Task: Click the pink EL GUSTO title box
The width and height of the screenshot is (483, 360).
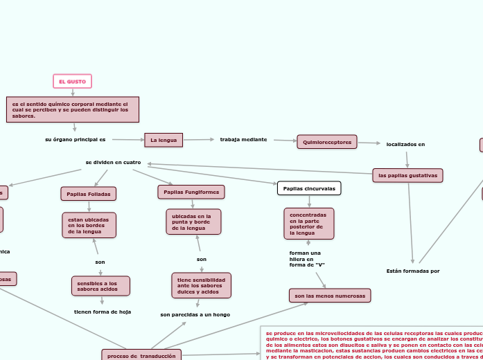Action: click(72, 82)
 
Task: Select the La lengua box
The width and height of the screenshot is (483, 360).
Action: click(164, 140)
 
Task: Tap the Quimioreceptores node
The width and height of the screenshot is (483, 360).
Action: click(327, 142)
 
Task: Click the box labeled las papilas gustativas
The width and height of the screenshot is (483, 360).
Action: click(407, 176)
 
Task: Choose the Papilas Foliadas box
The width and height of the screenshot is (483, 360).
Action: click(89, 194)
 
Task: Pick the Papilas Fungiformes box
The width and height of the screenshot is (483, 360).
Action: click(191, 192)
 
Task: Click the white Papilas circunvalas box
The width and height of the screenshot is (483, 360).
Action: click(309, 188)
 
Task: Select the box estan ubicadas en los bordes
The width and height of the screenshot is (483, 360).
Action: click(89, 225)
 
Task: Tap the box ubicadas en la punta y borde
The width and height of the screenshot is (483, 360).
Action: click(193, 222)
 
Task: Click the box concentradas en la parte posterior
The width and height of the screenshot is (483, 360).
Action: click(308, 223)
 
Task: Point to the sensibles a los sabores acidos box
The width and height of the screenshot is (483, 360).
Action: click(100, 285)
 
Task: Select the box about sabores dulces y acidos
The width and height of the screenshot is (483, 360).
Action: click(201, 285)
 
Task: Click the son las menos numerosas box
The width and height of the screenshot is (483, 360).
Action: click(330, 296)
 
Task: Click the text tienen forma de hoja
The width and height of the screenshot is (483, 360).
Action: click(103, 312)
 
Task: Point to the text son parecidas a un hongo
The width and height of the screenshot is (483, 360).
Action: click(195, 314)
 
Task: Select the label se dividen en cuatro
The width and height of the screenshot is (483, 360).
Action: click(113, 162)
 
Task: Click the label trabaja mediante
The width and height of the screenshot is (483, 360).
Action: click(243, 139)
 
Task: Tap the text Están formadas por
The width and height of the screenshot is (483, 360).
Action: click(413, 271)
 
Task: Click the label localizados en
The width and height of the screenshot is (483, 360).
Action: click(405, 144)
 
